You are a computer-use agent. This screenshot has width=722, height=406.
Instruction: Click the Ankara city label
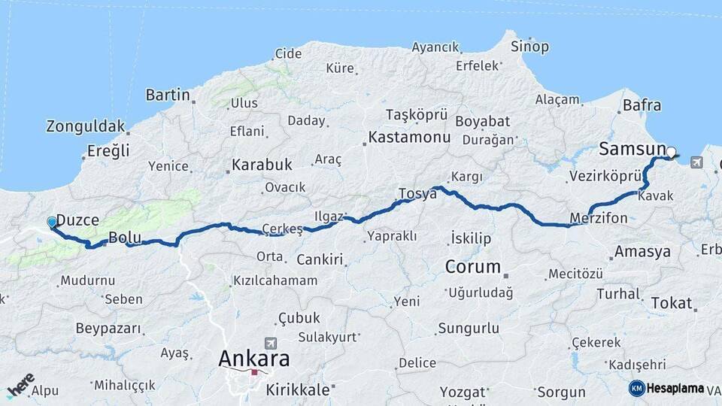(x=253, y=359)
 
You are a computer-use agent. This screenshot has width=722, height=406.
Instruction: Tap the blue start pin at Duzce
(x=52, y=223)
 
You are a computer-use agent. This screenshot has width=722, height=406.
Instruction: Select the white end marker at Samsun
(x=671, y=151)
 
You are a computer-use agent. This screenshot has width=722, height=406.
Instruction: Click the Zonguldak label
(x=84, y=126)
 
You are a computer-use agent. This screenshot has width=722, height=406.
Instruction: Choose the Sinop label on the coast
(x=529, y=47)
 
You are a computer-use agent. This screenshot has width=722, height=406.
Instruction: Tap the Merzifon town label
(x=599, y=218)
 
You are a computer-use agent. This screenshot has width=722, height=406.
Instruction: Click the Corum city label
(x=473, y=267)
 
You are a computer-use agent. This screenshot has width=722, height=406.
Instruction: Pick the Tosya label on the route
(x=418, y=193)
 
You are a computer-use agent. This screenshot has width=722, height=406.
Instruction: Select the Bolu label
(x=125, y=238)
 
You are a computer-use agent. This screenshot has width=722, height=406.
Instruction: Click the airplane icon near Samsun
(x=696, y=162)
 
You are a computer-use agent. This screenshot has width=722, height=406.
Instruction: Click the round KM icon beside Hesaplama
(x=636, y=388)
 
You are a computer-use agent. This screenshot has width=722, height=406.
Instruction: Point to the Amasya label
(x=642, y=252)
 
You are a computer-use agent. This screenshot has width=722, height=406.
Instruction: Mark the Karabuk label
(x=261, y=164)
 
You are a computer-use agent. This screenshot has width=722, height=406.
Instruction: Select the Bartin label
(x=167, y=95)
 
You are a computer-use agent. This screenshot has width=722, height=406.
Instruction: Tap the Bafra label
(x=642, y=105)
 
